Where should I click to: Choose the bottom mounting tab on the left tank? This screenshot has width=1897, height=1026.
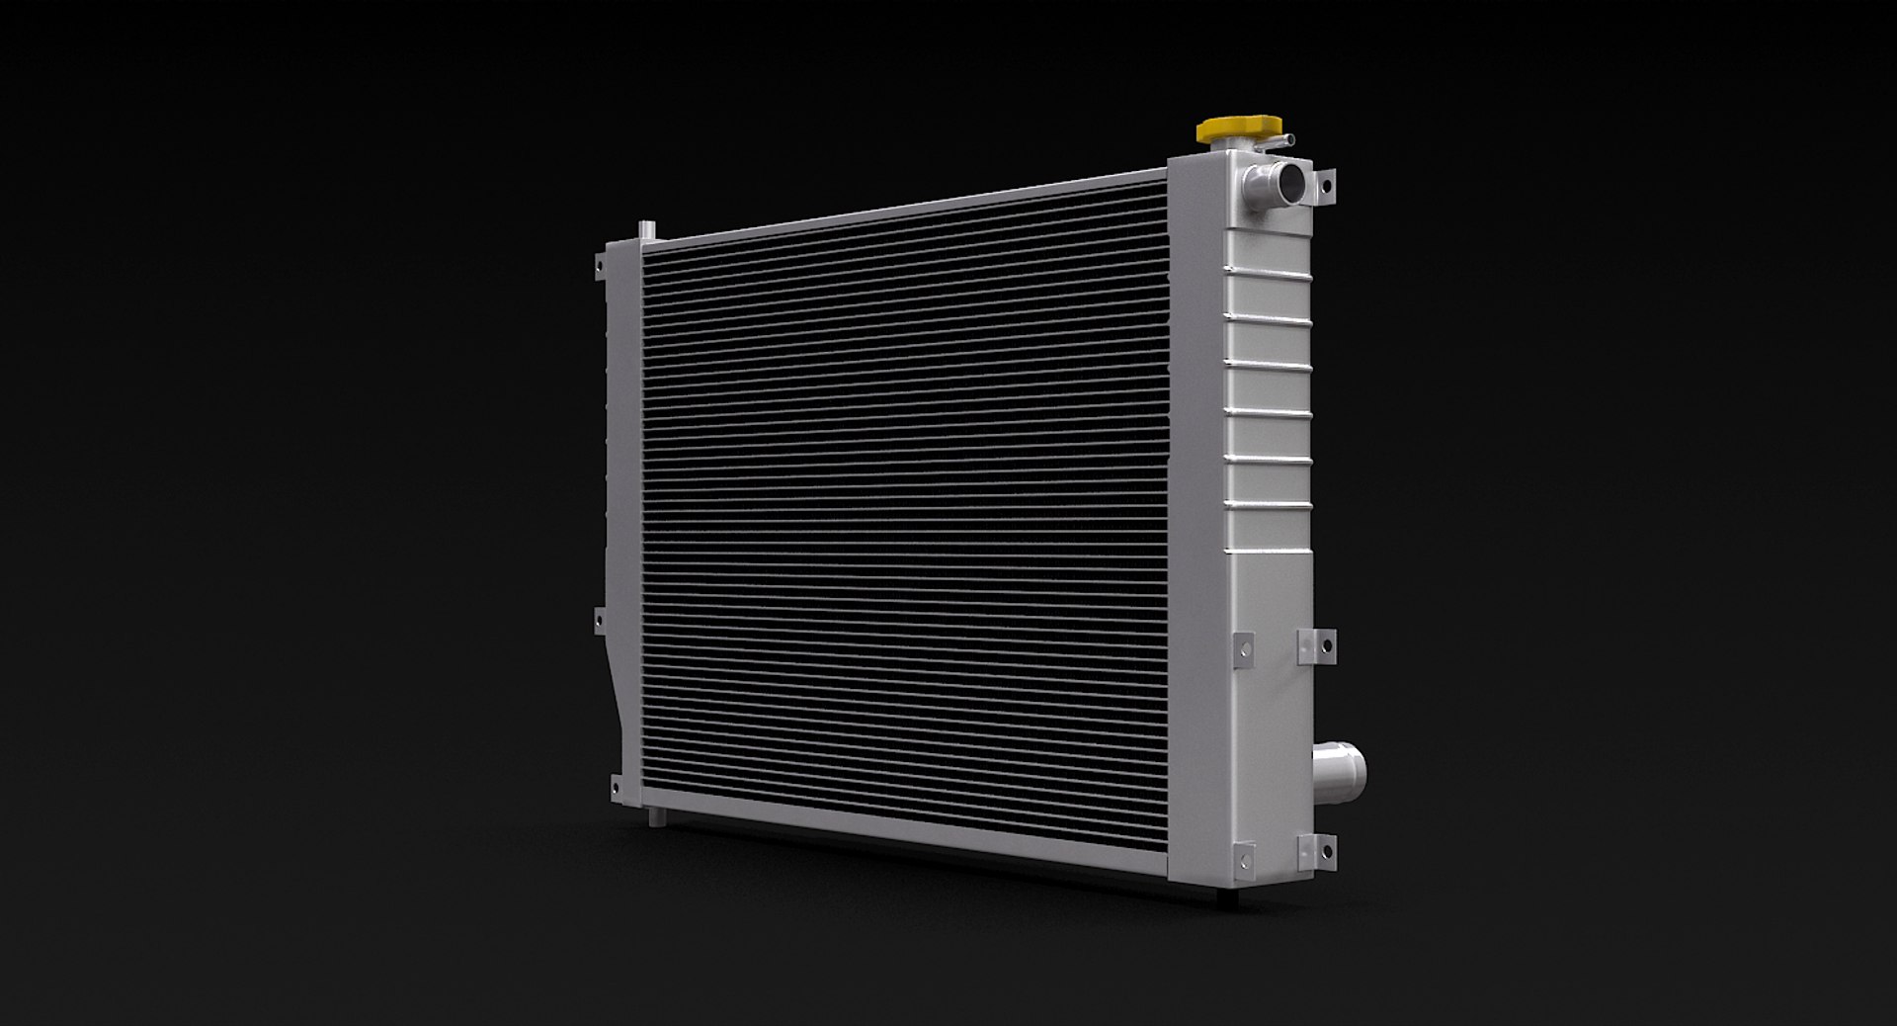click(x=615, y=784)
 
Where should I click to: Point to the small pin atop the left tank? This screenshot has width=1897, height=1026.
click(x=645, y=229)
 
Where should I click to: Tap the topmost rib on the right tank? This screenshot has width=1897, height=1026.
click(x=1267, y=270)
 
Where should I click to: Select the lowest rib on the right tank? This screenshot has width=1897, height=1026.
click(x=1267, y=551)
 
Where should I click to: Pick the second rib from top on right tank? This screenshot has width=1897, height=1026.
click(x=1267, y=317)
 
